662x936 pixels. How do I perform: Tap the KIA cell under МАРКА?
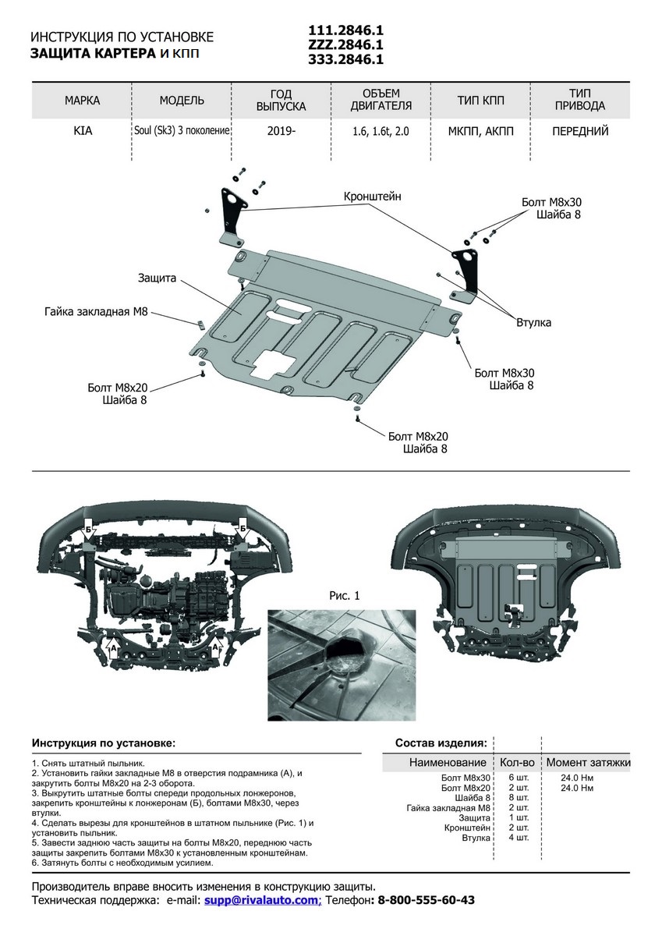(x=83, y=131)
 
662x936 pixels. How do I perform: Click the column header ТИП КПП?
(x=481, y=101)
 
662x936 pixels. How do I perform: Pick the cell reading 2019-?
(x=281, y=131)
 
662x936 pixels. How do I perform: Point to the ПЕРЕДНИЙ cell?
(x=580, y=131)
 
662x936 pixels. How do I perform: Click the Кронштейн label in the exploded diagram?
(x=373, y=197)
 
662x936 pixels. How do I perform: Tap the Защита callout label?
(x=158, y=277)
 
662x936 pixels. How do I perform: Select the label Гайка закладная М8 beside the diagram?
(x=96, y=311)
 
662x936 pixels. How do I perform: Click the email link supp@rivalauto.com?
(x=262, y=900)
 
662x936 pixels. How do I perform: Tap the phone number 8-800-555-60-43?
(x=427, y=900)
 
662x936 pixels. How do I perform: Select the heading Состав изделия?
(x=441, y=742)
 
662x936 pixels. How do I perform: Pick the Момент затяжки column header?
(x=588, y=762)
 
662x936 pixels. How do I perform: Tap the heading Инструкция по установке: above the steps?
(x=104, y=742)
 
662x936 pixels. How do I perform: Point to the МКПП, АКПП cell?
(x=481, y=131)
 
